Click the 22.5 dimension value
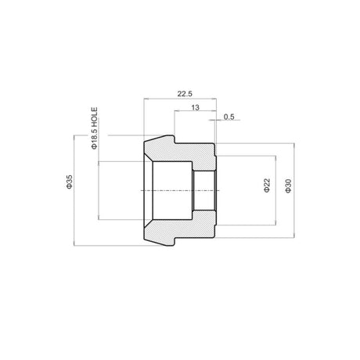tap(185, 94)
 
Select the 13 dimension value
tap(195, 107)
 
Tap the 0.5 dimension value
tap(229, 117)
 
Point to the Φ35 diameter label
tap(70, 182)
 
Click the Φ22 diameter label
tap(267, 185)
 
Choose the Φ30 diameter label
tap(288, 185)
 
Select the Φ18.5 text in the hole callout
tap(95, 139)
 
